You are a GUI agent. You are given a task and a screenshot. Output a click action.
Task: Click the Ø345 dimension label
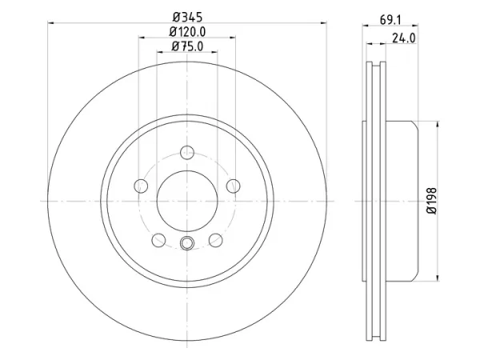click(187, 17)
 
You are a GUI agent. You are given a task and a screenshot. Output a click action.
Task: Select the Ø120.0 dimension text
click(187, 32)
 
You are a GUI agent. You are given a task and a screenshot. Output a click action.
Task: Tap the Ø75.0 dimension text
click(187, 46)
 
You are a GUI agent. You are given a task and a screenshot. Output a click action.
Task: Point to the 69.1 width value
click(390, 20)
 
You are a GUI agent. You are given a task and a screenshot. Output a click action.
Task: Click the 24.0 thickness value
click(404, 38)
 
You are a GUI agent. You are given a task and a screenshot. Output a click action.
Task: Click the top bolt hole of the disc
click(187, 153)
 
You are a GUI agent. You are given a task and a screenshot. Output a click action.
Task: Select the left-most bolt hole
click(141, 186)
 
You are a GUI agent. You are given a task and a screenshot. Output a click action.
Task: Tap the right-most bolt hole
click(234, 186)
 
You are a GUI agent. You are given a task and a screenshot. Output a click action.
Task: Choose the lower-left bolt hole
click(158, 240)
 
